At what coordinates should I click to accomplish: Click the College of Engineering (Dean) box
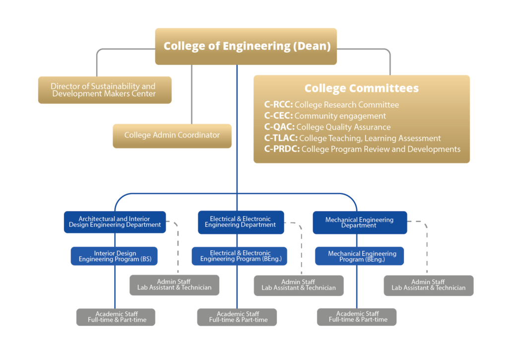pos(246,46)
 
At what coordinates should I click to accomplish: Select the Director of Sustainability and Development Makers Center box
pos(105,90)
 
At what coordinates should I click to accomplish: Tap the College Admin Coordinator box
pos(172,135)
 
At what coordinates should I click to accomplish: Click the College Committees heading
pos(361,88)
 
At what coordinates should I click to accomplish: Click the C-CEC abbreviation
pos(278,116)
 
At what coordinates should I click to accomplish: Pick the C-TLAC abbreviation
pos(281,138)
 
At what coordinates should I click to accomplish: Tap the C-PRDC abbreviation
pos(282,149)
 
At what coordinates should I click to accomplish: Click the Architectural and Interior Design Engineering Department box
pos(115,222)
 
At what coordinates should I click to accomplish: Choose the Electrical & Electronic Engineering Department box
pos(241,222)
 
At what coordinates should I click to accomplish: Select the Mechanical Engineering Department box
pos(359,222)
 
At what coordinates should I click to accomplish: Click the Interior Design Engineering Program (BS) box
pos(114,256)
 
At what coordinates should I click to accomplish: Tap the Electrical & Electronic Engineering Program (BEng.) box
pos(240,256)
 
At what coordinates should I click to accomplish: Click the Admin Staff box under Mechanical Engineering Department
pos(428,285)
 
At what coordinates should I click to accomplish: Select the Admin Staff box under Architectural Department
pos(174,285)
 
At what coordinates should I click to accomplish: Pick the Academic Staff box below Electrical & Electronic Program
pos(237,317)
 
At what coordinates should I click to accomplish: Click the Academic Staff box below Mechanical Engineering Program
pos(357,317)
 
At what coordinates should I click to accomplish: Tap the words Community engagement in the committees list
pos(340,116)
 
